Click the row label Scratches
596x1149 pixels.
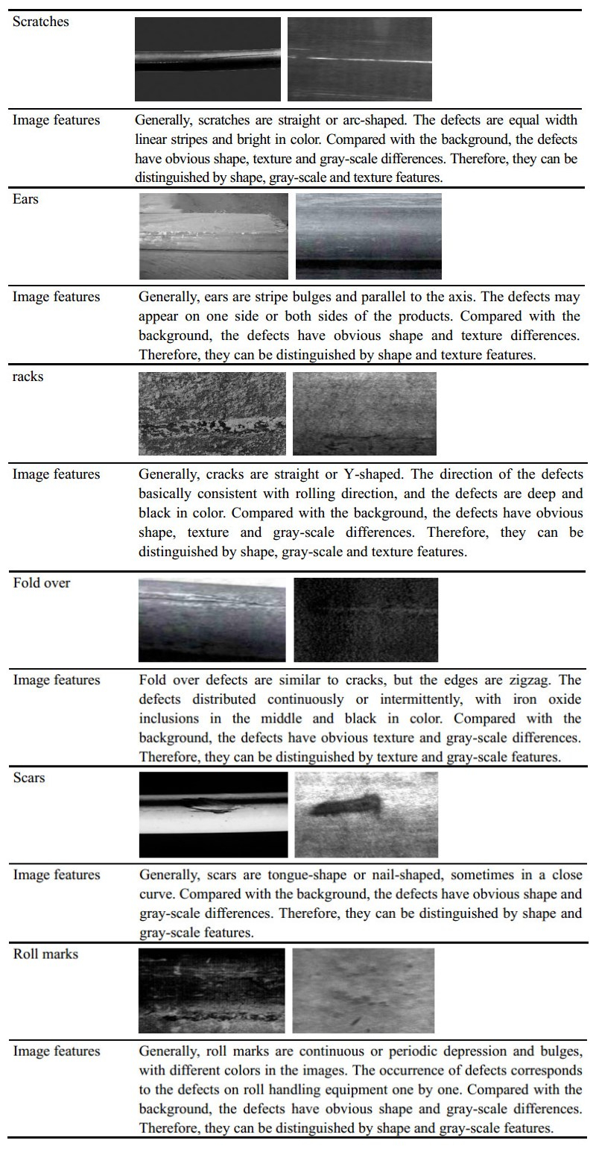(41, 22)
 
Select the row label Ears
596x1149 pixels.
(26, 200)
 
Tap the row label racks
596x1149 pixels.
(28, 377)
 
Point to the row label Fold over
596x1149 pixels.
(42, 583)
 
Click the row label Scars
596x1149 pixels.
(29, 778)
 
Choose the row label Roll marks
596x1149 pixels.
(45, 954)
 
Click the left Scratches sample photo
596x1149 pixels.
(208, 59)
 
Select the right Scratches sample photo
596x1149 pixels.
(360, 59)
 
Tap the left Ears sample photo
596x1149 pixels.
(213, 236)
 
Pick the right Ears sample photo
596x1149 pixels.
(369, 236)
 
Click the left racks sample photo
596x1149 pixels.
(212, 413)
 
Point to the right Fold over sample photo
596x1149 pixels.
(366, 620)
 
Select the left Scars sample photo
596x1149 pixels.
(213, 814)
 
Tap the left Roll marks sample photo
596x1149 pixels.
(212, 990)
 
